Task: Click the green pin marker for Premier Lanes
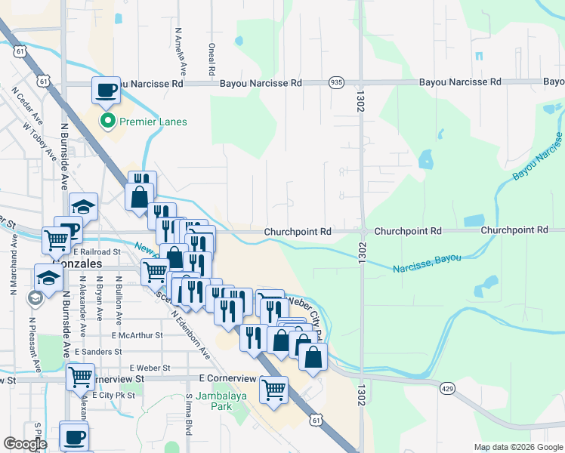click(108, 121)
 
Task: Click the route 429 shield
click(448, 388)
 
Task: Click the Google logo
click(25, 444)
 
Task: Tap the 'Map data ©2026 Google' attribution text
click(518, 447)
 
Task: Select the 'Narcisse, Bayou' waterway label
click(427, 263)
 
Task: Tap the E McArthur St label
click(137, 334)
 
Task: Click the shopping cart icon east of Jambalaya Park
click(273, 390)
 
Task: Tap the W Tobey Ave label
click(39, 140)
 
